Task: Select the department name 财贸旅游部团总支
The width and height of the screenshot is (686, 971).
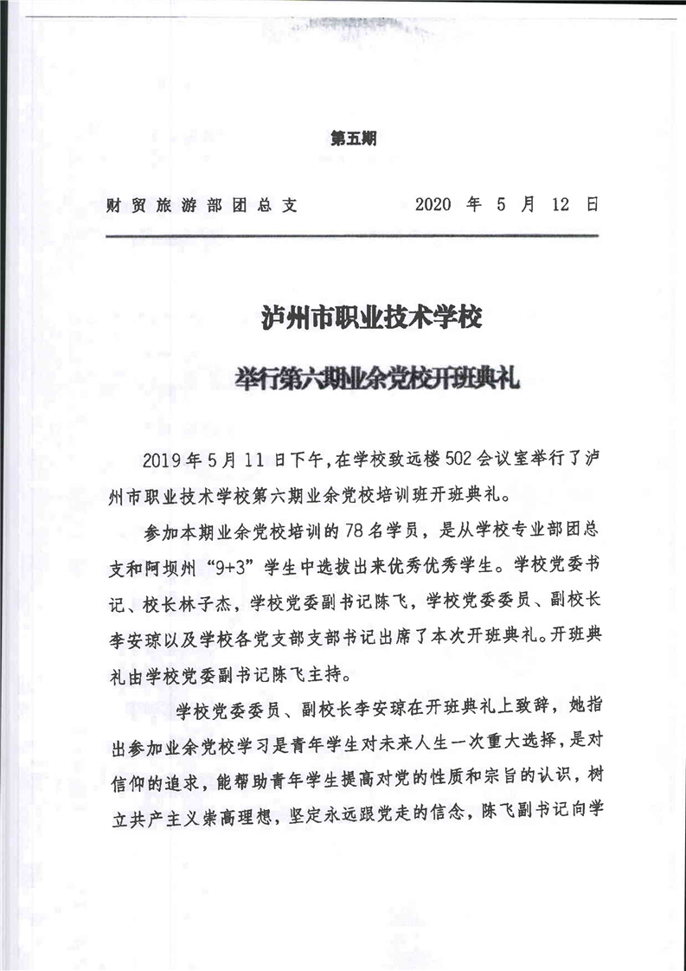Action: tap(201, 206)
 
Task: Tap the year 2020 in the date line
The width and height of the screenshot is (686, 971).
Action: tap(433, 206)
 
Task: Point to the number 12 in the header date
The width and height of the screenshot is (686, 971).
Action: tap(559, 206)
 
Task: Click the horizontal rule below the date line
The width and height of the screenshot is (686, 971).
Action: tap(351, 235)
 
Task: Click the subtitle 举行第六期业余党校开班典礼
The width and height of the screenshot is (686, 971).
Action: tap(378, 379)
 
